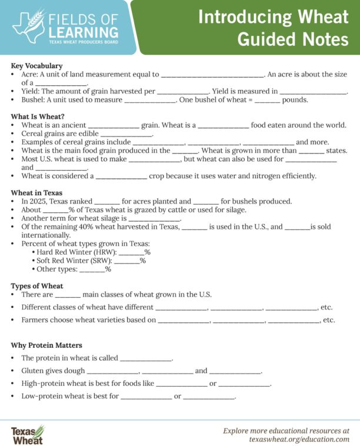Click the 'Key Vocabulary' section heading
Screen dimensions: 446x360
36,66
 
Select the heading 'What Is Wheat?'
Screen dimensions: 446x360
38,117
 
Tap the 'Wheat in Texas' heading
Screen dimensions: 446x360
36,192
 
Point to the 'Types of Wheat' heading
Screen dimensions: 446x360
37,286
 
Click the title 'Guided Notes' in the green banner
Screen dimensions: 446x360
293,39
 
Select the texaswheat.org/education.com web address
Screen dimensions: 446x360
299,440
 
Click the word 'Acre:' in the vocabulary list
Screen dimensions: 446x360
31,75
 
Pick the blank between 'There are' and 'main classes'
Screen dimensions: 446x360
68,295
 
